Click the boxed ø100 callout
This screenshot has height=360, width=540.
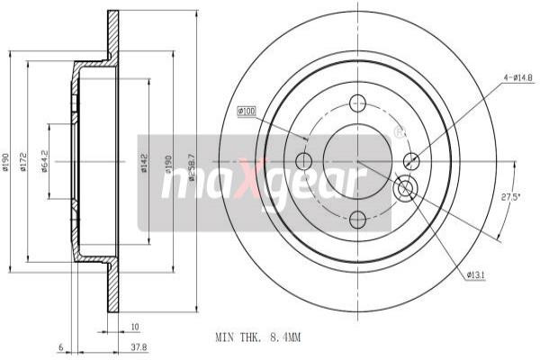(x=247, y=111)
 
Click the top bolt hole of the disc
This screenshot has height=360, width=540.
(x=357, y=103)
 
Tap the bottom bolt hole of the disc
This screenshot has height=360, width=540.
(x=357, y=218)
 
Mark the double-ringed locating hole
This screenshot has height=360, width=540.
(x=404, y=187)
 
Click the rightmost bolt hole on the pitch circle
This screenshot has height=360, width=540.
(x=412, y=161)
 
